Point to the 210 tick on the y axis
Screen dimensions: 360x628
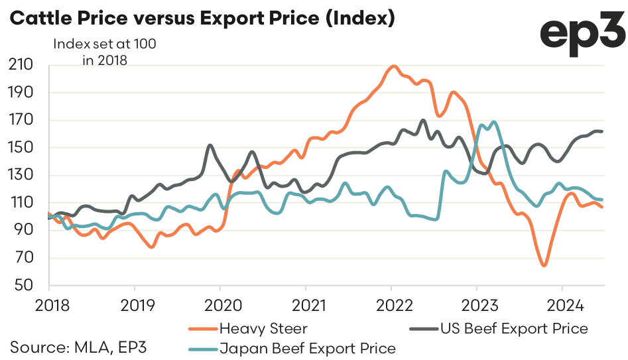click(x=23, y=66)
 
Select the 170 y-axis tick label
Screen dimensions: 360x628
click(x=23, y=121)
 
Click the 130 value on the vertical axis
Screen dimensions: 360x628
click(x=23, y=176)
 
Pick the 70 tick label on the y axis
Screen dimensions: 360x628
click(x=26, y=258)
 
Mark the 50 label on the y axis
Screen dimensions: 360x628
click(x=26, y=285)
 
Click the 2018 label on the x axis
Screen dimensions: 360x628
click(x=48, y=306)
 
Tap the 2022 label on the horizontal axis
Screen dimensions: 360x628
click(x=391, y=306)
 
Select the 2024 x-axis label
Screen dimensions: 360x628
click(x=562, y=306)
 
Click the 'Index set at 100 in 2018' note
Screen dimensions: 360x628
click(x=105, y=52)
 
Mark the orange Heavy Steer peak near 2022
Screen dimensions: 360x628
click(x=394, y=66)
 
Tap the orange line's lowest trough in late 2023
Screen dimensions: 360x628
click(x=544, y=265)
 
